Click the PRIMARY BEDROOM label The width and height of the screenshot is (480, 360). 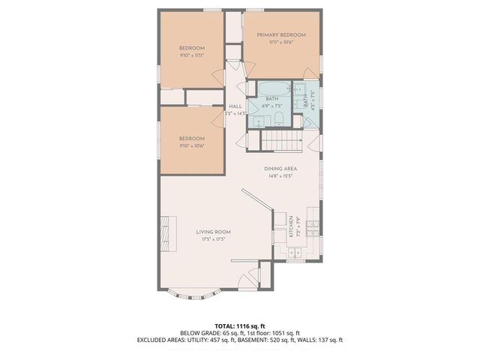281,35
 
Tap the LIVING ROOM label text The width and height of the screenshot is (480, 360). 213,232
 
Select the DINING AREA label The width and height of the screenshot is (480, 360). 280,169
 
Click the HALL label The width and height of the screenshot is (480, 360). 235,106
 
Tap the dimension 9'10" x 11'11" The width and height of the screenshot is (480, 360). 192,55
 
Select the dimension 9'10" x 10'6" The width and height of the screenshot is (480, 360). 192,145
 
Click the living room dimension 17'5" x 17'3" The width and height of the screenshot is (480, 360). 213,238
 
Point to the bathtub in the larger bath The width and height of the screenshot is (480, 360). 274,91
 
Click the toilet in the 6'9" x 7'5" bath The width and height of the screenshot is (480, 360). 277,120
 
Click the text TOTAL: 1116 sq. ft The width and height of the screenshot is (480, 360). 239,326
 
